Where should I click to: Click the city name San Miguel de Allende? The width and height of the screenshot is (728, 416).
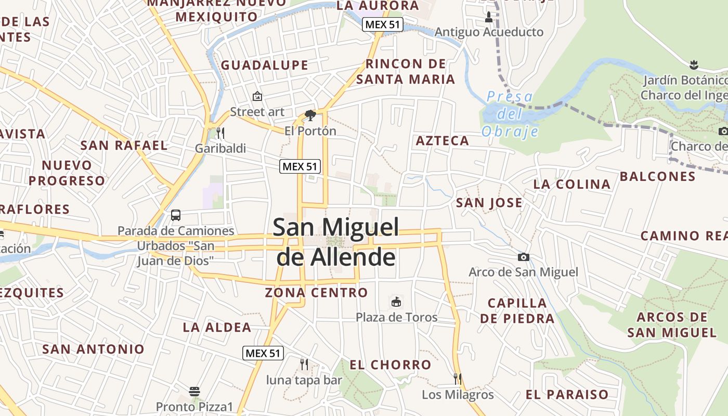tap(336, 242)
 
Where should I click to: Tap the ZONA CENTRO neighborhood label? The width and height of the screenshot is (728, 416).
tap(316, 293)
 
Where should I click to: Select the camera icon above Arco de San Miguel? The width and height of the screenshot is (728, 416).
tap(524, 257)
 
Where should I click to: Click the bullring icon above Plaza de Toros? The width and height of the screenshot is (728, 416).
tap(396, 302)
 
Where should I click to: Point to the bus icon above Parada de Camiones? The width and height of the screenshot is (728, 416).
tap(176, 215)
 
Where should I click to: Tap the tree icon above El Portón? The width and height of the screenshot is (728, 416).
tap(310, 115)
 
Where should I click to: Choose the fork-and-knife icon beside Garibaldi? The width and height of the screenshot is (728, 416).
tap(220, 133)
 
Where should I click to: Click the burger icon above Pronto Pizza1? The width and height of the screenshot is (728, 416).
tap(194, 391)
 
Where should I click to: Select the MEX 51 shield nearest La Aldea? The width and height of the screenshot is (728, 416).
tap(263, 353)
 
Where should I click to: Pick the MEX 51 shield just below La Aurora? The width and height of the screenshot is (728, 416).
tap(383, 24)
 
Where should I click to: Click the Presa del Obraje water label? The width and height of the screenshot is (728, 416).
tap(510, 114)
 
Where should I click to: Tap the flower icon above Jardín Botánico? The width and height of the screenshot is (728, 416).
tap(693, 65)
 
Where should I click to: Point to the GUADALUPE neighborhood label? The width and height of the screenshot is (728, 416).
tap(265, 66)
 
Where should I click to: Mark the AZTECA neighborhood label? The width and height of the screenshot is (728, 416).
tap(443, 141)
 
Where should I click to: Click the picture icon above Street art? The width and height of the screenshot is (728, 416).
tap(257, 96)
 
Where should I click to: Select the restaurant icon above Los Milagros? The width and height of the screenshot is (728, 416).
tap(458, 379)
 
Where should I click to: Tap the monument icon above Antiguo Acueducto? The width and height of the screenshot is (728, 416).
tap(488, 17)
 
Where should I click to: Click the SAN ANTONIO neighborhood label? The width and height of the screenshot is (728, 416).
tap(93, 349)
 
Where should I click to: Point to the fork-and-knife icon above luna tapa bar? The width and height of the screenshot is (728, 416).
tap(304, 365)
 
